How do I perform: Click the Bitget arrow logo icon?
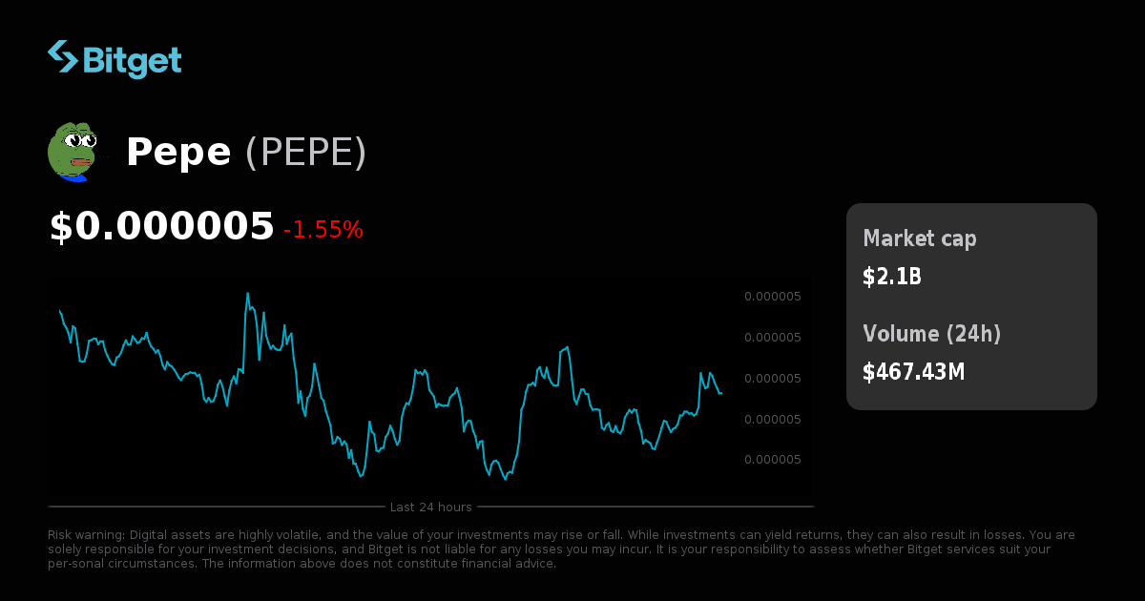pos(63,56)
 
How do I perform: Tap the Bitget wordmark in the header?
pos(132,60)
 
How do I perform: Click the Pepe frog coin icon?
pos(73,151)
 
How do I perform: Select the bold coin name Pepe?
pos(178,153)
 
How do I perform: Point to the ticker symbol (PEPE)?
pos(305,153)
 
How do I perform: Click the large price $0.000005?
pos(161,227)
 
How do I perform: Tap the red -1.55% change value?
pos(323,230)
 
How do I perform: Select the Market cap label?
pos(920,238)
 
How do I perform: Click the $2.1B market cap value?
pos(892,277)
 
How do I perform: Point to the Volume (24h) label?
pos(932,334)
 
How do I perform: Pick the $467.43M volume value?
pos(914,372)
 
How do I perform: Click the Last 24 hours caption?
pos(430,507)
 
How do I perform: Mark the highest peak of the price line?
pos(248,294)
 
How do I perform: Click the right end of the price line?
pos(721,393)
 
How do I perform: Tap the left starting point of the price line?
pos(59,310)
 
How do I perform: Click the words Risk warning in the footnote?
pos(86,535)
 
